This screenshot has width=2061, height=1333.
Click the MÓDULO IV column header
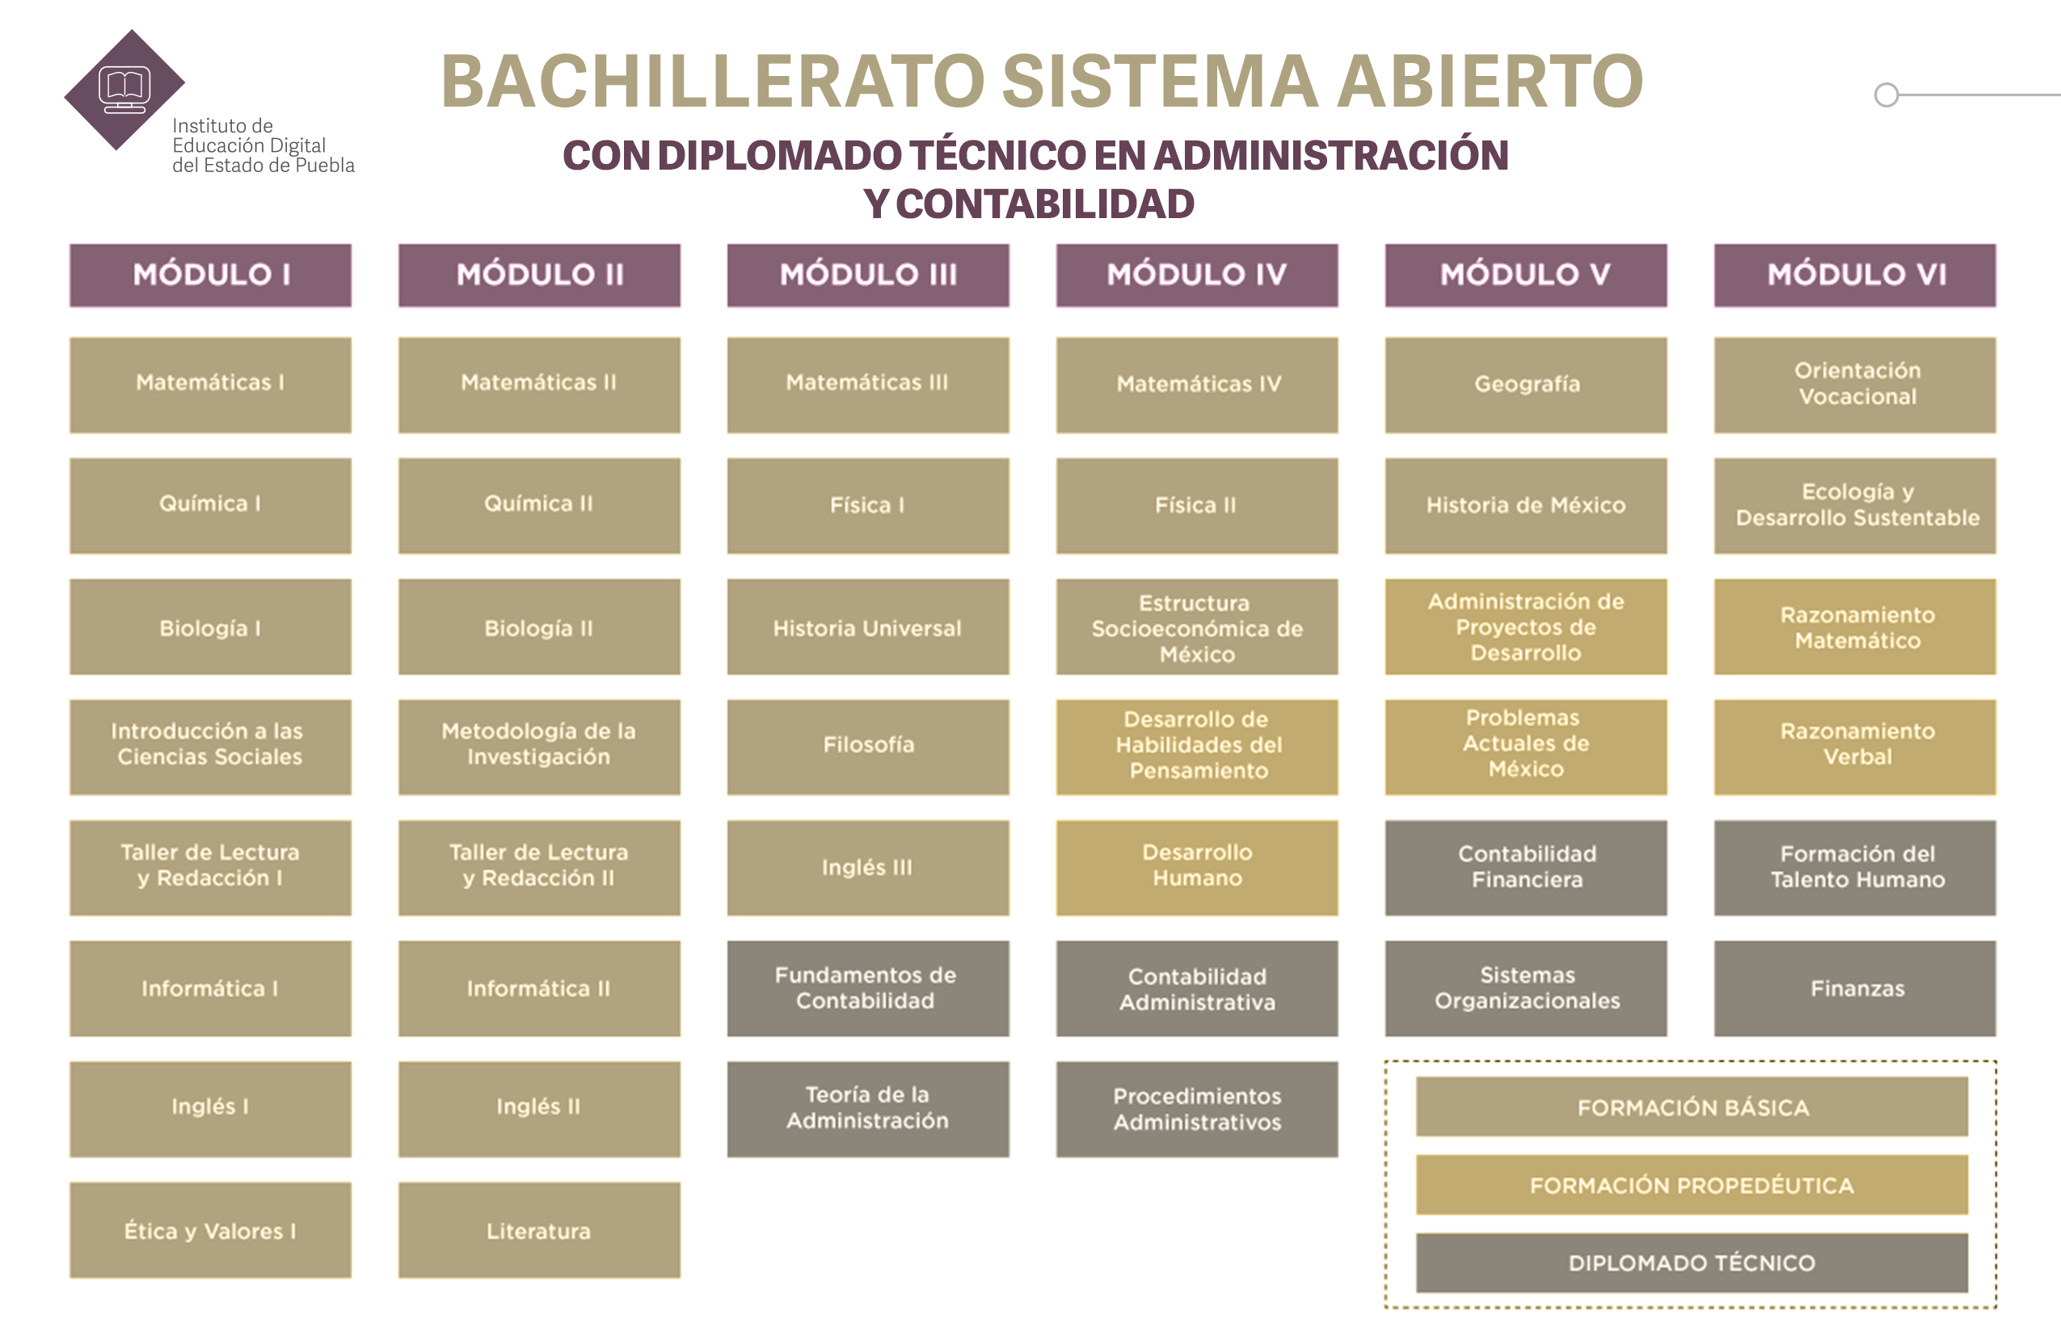pos(1197,275)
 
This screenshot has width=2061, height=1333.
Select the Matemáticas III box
pos(868,385)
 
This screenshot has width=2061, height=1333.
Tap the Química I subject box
pos(210,506)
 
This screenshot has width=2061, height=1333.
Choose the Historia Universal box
pos(868,627)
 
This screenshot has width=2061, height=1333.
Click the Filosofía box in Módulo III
pos(868,747)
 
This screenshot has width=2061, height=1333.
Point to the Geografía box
pos(1526,385)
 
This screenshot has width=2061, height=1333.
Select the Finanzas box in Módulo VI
pos(1855,989)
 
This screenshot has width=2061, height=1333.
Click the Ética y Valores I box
pos(210,1230)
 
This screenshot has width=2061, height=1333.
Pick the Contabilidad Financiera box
pos(1526,868)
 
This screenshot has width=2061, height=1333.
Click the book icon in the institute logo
pos(124,86)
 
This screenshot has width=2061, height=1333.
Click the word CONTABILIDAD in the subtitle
pos(1044,204)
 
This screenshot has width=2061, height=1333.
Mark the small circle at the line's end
pos(1886,95)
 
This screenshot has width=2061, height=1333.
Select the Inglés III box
pos(868,868)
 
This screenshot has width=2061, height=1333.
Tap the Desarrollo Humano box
pos(1197,868)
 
